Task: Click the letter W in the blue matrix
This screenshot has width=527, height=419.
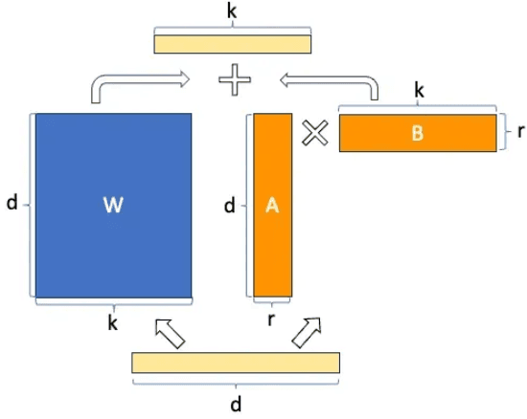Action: coord(113,205)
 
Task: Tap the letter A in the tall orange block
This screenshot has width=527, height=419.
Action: coord(272,205)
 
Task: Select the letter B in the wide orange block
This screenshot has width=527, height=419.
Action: coord(418,133)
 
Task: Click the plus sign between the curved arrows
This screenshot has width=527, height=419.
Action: coord(235,79)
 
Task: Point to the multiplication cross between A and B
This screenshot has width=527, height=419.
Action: coord(315,133)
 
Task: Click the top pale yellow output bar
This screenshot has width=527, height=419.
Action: coord(233,44)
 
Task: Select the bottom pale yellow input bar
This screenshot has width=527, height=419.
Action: coord(236,363)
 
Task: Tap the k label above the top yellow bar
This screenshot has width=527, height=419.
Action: coord(232,11)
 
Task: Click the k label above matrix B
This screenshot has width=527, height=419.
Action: coord(419,90)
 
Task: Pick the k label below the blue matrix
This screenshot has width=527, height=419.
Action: coord(113,323)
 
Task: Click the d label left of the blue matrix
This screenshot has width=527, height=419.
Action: coord(12,203)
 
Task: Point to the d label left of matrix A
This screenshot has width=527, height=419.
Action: coord(230,206)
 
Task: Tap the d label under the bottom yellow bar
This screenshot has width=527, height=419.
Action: coord(236,404)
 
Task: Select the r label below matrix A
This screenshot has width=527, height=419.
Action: coord(271,320)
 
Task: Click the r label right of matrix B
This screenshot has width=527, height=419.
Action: coord(520,131)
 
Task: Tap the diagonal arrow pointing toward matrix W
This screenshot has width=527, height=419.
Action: coord(170,334)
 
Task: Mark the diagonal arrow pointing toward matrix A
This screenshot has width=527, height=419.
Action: coord(307,333)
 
